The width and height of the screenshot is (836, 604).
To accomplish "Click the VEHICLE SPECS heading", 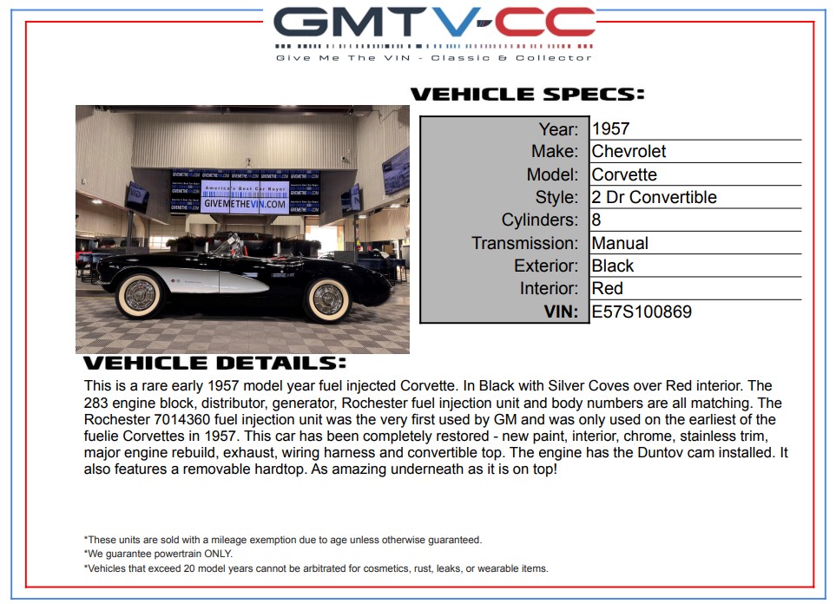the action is click(x=527, y=95).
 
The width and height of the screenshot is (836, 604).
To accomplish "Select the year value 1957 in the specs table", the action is click(x=610, y=128).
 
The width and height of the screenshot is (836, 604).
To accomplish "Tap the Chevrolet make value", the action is click(x=629, y=151).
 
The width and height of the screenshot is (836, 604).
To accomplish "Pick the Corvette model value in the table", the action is click(x=624, y=174).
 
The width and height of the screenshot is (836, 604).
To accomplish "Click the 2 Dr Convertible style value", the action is click(x=655, y=197).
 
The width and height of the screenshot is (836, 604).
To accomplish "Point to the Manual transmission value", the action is click(x=620, y=243).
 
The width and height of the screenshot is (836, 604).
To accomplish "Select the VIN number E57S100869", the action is click(x=642, y=312).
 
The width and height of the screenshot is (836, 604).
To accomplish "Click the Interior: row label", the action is click(x=549, y=288).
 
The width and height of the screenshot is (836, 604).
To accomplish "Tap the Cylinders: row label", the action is click(x=540, y=220).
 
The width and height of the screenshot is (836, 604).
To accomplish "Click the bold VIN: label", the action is click(x=561, y=312).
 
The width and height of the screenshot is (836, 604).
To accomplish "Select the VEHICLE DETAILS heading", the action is click(x=215, y=363).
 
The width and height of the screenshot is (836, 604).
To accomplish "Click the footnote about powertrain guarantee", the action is click(x=158, y=554).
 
